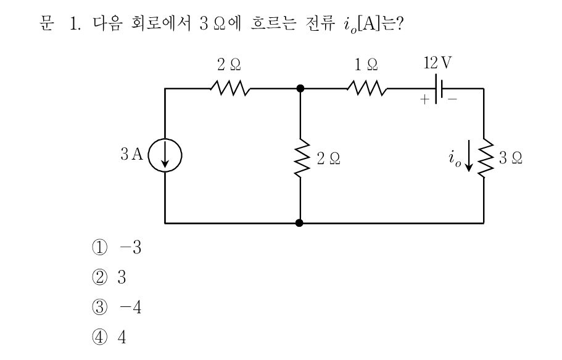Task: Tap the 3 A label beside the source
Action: click(x=132, y=154)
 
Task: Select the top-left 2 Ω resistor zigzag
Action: click(x=230, y=88)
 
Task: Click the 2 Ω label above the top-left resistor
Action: click(x=229, y=65)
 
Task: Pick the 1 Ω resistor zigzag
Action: click(x=367, y=88)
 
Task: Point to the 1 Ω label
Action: click(x=366, y=65)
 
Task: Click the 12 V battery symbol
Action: click(x=439, y=89)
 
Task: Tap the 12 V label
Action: click(x=437, y=63)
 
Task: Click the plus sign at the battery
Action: click(x=424, y=99)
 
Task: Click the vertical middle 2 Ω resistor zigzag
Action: click(x=300, y=158)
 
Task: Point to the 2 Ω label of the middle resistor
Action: click(x=328, y=158)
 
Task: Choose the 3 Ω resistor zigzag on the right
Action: click(x=484, y=158)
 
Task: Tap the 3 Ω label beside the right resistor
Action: click(x=511, y=158)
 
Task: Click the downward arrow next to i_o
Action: click(x=469, y=156)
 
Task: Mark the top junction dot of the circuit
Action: click(x=300, y=88)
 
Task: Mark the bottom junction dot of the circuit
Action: click(x=299, y=223)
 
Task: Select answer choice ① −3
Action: click(x=117, y=247)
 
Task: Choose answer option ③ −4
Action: click(x=117, y=307)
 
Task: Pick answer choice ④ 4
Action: click(x=109, y=337)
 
